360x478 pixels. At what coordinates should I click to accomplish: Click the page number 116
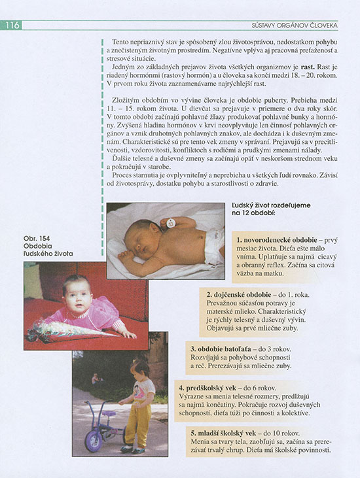pos(12,25)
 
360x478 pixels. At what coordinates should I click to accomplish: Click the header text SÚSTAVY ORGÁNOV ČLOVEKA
pos(294,25)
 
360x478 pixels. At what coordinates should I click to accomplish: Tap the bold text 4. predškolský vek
pos(211,388)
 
